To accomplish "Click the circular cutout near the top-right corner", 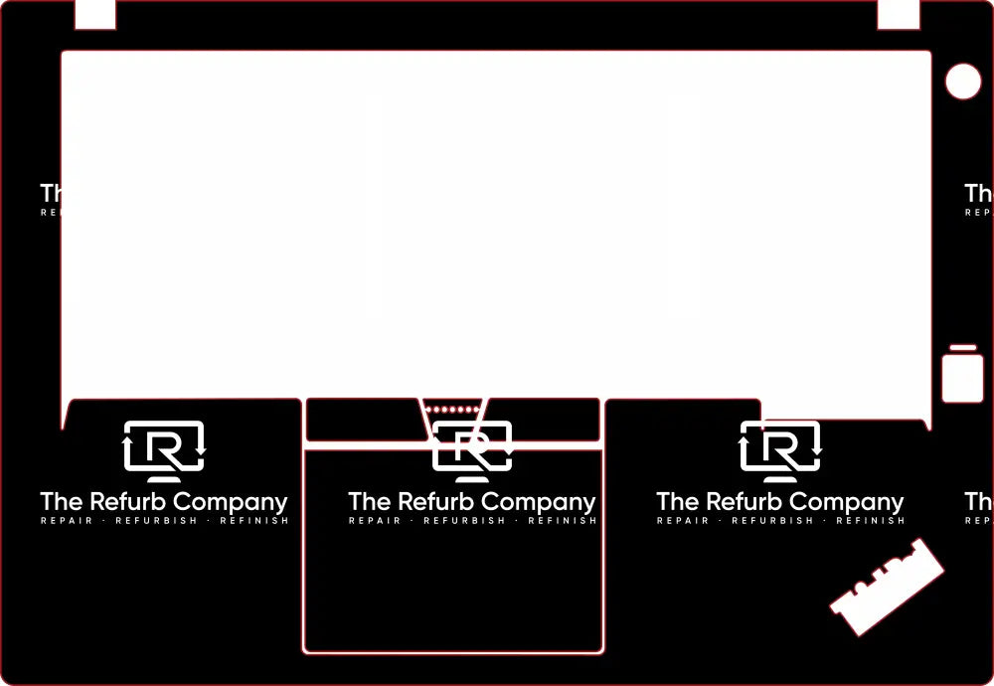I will (962, 82).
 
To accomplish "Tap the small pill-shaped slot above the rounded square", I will (962, 348).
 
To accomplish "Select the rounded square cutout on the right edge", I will (962, 379).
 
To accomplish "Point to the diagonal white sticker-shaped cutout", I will (887, 587).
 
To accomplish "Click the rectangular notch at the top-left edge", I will (95, 14).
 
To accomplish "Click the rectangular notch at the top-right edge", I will (898, 14).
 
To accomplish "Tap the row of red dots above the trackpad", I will (453, 409).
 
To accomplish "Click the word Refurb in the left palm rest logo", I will (127, 502).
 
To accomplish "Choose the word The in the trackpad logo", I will (370, 502).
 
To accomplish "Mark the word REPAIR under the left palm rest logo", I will (67, 521).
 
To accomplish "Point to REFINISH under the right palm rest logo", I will (871, 521).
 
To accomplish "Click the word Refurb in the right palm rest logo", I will (744, 502).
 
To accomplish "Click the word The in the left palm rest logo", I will (62, 502).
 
